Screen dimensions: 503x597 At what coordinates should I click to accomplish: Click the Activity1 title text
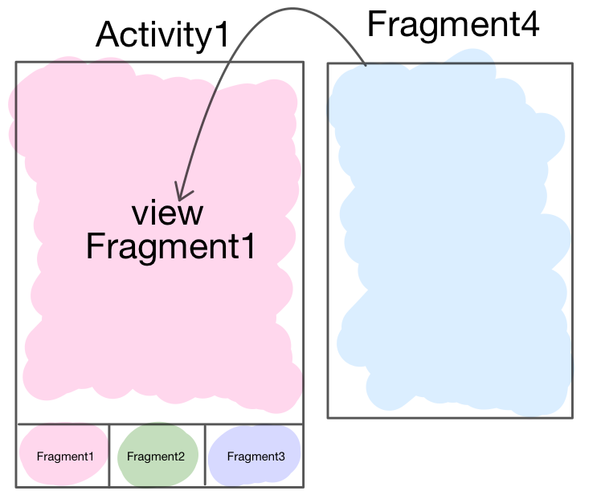pyautogui.click(x=162, y=35)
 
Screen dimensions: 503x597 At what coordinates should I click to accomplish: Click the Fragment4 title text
pyautogui.click(x=452, y=25)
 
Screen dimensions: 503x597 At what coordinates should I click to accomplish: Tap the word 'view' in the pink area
pyautogui.click(x=168, y=213)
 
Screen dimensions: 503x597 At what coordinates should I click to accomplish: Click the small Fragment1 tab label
pyautogui.click(x=65, y=456)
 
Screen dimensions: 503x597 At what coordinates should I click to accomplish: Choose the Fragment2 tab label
pyautogui.click(x=156, y=456)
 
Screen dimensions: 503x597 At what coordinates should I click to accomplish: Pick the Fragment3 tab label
pyautogui.click(x=256, y=456)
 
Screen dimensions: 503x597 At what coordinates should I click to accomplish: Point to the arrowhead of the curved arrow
pyautogui.click(x=181, y=197)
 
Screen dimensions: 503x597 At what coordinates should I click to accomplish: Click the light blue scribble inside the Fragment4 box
pyautogui.click(x=450, y=241)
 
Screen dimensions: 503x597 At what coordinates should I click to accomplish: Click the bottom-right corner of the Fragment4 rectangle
pyautogui.click(x=572, y=417)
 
